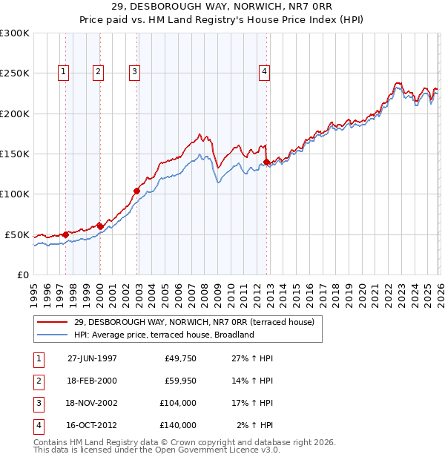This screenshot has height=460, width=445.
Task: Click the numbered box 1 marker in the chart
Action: pos(63,72)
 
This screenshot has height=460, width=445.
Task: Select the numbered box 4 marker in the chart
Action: pos(264,72)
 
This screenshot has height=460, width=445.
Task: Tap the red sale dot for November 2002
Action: pos(136,191)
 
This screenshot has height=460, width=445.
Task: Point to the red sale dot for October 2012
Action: pos(267,161)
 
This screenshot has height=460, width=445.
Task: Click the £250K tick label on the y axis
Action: pos(14,73)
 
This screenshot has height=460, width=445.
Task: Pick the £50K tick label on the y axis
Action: pos(16,234)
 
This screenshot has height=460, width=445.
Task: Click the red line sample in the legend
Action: pos(51,322)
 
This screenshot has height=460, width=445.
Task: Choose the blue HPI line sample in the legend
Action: pos(51,335)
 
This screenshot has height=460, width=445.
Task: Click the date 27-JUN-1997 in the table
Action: pos(92,359)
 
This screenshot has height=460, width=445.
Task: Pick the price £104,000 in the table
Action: pos(177,404)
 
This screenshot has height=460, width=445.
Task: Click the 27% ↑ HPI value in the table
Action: pos(252,359)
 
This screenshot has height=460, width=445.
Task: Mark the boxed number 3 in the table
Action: pos(37,404)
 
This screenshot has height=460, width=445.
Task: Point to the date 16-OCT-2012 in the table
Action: pos(92,426)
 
